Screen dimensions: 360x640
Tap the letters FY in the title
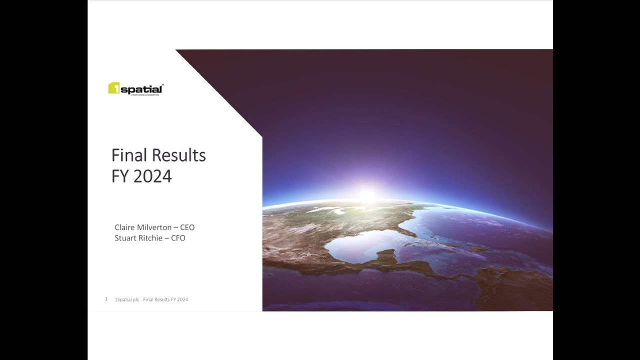pyautogui.click(x=120, y=176)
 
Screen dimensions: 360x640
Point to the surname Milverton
pyautogui.click(x=154, y=227)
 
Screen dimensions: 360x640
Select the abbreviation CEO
pyautogui.click(x=187, y=227)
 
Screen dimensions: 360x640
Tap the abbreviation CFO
pyautogui.click(x=178, y=238)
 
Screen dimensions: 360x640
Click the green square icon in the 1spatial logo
pyautogui.click(x=113, y=88)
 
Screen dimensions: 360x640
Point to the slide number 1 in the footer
pyautogui.click(x=106, y=299)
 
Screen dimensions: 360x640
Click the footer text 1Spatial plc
pyautogui.click(x=126, y=299)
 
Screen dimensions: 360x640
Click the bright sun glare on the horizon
pyautogui.click(x=368, y=195)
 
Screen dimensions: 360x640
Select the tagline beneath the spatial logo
pyautogui.click(x=145, y=94)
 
